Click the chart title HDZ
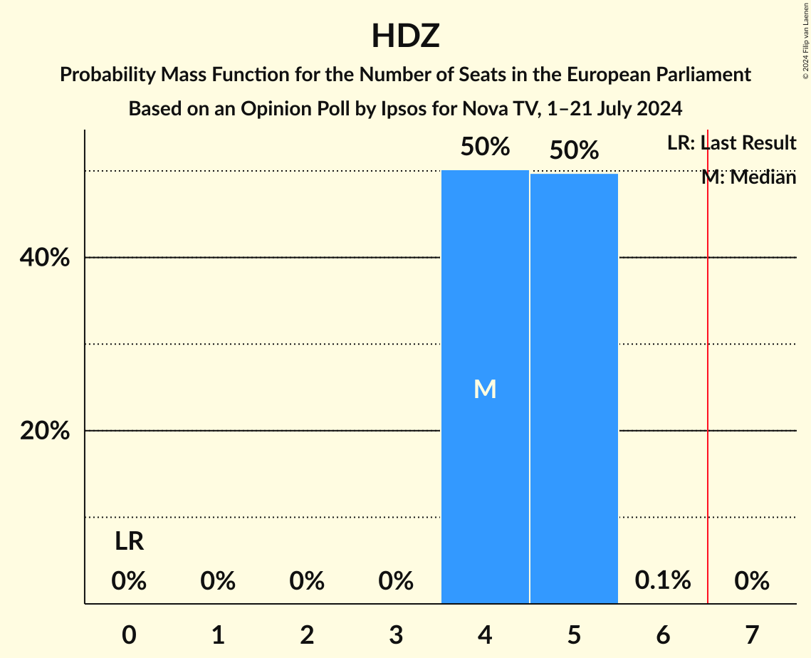(x=405, y=36)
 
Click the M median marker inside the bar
(x=485, y=389)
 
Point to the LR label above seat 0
(x=129, y=542)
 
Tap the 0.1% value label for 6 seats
(x=663, y=580)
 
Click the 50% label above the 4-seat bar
(x=485, y=147)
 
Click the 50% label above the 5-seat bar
(x=574, y=150)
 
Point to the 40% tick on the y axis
(x=45, y=258)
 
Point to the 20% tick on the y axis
(x=45, y=431)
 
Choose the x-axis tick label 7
(x=752, y=634)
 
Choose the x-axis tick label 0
(x=129, y=634)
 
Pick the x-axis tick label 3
(x=396, y=634)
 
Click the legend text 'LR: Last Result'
(x=731, y=143)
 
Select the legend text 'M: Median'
(x=748, y=177)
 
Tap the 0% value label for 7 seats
(x=752, y=581)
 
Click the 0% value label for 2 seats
(x=307, y=581)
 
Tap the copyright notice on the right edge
(x=805, y=39)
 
